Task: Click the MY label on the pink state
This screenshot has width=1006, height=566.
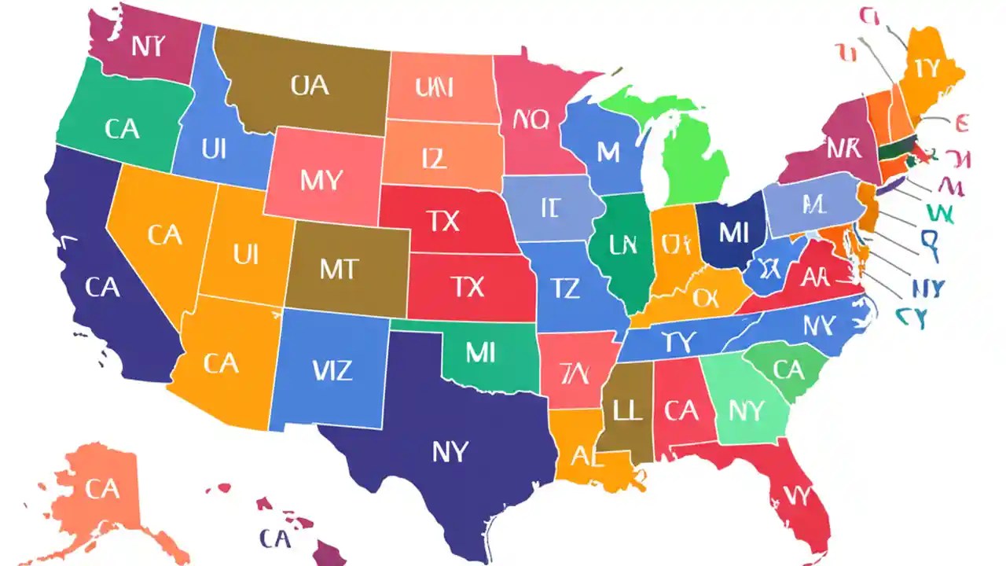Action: coord(321,181)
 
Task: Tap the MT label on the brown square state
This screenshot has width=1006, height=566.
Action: coord(339,269)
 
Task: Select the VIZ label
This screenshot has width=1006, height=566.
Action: coord(332,369)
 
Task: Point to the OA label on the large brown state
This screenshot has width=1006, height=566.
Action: coord(310,85)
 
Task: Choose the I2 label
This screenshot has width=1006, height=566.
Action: coord(434,159)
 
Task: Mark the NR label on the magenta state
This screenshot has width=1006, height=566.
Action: coord(843,148)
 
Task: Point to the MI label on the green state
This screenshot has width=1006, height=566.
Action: coord(479,353)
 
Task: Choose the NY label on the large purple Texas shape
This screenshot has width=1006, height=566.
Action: coord(450,451)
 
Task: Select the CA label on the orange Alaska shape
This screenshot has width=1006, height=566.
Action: coord(102,489)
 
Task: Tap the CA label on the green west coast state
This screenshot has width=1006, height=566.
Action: coord(121,129)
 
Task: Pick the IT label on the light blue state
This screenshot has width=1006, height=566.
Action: coord(549,208)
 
